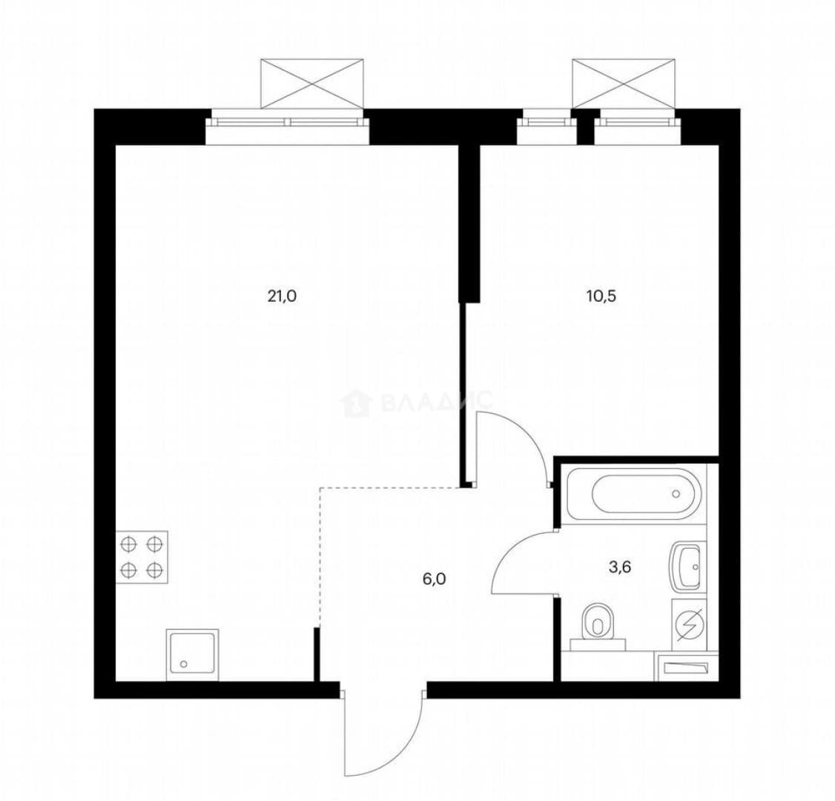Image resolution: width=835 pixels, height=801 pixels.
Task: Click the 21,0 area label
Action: [x=282, y=296]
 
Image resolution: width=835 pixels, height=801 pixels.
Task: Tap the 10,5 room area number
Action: [x=601, y=296]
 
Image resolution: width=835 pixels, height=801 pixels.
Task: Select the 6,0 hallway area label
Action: [x=434, y=579]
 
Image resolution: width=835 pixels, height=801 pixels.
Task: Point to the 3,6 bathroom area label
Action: [x=620, y=567]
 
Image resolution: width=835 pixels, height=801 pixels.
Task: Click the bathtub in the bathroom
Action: [x=634, y=493]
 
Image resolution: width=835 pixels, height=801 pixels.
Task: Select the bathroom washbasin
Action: [x=687, y=567]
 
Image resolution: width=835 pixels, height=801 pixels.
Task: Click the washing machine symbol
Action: [x=689, y=624]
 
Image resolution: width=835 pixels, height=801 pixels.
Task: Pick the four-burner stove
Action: [x=142, y=557]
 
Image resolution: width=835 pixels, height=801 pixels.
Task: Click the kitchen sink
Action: [x=192, y=655]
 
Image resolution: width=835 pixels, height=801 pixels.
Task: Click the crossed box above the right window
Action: [x=624, y=84]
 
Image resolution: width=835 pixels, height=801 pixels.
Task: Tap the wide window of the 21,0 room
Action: [x=288, y=122]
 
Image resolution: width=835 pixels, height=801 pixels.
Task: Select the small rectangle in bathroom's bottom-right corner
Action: [x=684, y=667]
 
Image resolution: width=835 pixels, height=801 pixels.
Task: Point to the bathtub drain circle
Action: [x=676, y=494]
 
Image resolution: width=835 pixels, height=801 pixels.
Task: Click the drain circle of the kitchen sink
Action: [x=184, y=664]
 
